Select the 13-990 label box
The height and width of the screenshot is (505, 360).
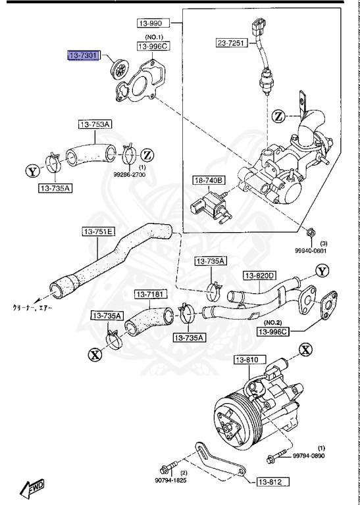coord(153,24)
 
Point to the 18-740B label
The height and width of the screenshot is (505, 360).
coord(209,180)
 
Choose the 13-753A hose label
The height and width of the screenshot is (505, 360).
coord(96,124)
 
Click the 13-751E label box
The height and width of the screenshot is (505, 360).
coord(99,231)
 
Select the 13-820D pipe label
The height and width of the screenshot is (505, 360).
coord(259,276)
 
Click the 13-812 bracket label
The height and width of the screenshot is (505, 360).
coord(271,482)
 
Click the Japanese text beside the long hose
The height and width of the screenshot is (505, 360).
coord(31,306)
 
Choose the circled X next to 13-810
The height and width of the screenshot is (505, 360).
coord(305,349)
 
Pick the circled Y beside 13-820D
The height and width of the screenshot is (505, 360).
coord(321,271)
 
